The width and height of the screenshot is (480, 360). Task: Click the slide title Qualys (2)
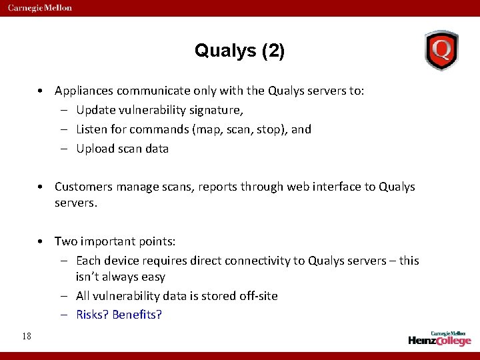[x=239, y=51]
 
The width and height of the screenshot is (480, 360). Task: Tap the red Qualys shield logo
[x=441, y=50]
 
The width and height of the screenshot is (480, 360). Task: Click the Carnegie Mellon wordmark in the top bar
[x=40, y=8]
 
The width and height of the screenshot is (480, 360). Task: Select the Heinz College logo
[x=439, y=338]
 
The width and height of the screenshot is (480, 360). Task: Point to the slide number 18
[x=26, y=336]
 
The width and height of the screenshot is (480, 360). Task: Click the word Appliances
[x=85, y=91]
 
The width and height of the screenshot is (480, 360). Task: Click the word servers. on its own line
[x=76, y=202]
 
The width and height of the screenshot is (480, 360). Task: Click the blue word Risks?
[x=93, y=315]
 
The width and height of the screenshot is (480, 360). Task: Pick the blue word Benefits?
[x=137, y=315]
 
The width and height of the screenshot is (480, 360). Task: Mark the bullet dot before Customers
[x=41, y=187]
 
